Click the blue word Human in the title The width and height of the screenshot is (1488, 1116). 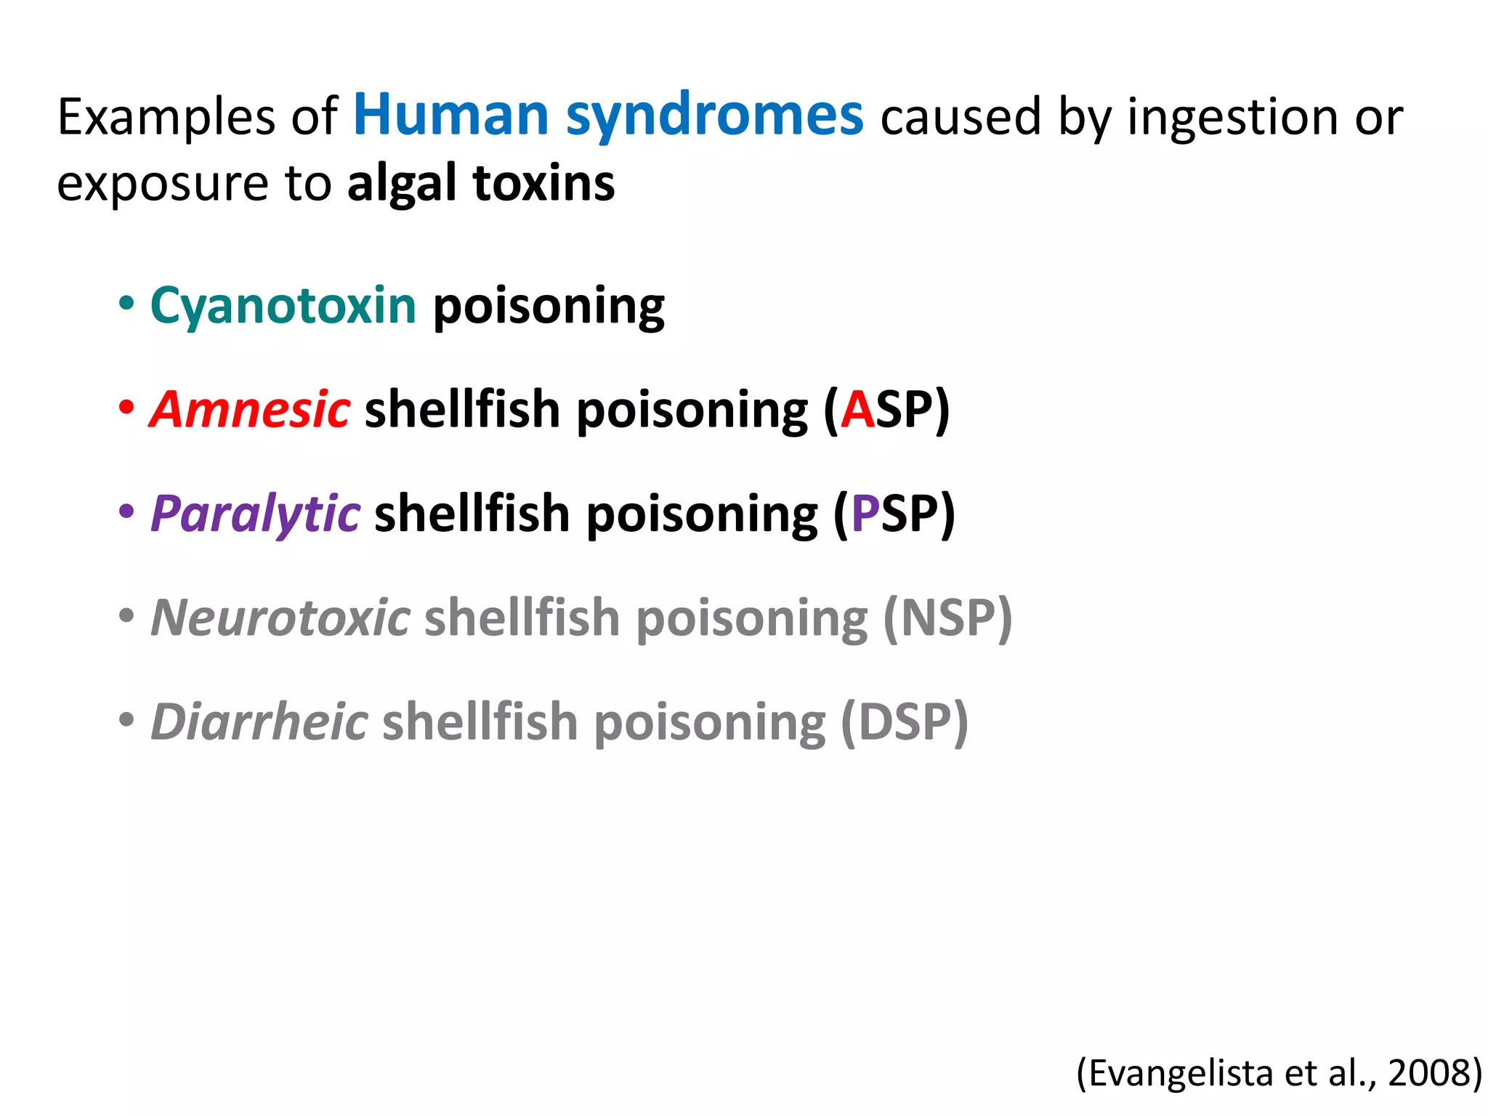point(450,116)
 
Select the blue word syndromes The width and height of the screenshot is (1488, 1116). point(715,116)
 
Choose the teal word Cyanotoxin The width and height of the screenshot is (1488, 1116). point(283,306)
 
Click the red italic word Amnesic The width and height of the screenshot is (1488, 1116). point(250,410)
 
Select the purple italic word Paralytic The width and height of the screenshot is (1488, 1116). point(255,514)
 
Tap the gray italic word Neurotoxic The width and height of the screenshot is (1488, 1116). point(280,618)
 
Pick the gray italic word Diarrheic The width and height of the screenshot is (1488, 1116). point(259,721)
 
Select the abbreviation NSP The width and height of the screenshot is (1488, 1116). point(947,618)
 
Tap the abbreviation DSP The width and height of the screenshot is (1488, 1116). point(904,721)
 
